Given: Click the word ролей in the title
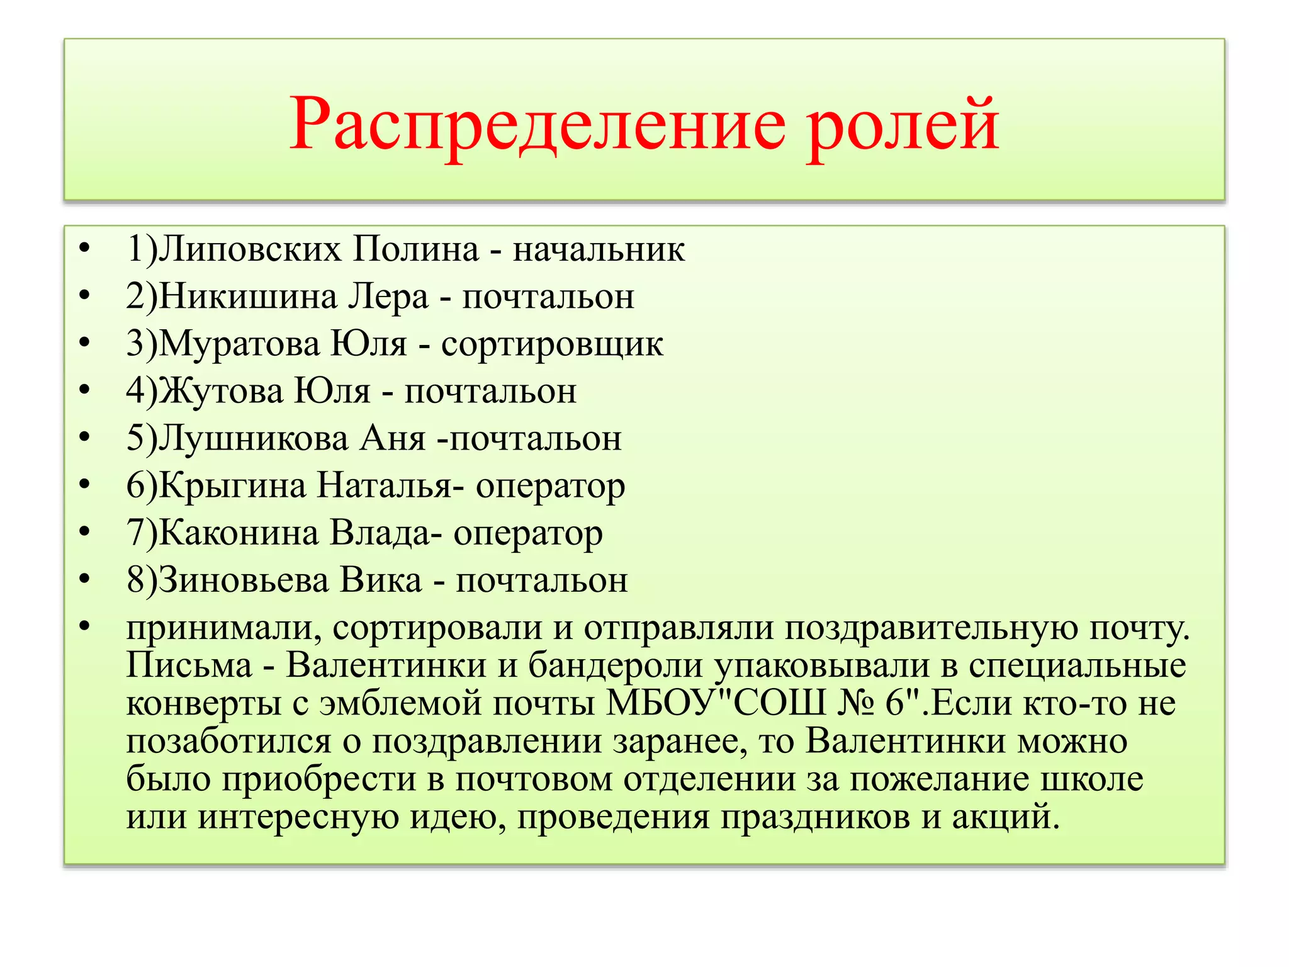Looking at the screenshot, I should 903,125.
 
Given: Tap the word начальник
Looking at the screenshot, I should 599,249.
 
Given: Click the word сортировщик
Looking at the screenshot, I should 552,344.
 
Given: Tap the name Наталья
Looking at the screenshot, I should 384,485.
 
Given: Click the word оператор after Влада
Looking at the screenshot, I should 528,533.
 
